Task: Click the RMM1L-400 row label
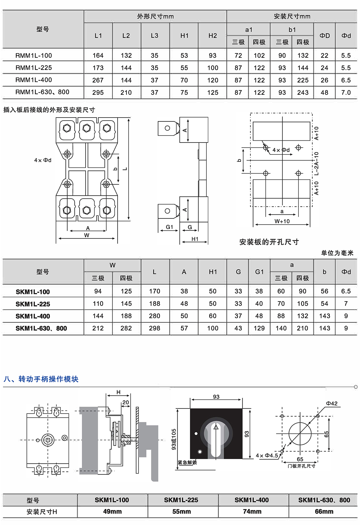(34, 80)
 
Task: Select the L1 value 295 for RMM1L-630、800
(98, 93)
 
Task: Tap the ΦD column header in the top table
(324, 36)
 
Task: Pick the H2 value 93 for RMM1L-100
(212, 55)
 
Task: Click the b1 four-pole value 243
(303, 93)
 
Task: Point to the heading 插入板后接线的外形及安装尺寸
(49, 110)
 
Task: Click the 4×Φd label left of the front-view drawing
(43, 160)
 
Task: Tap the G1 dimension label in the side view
(169, 227)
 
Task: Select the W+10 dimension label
(282, 221)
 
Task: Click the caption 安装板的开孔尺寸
(269, 242)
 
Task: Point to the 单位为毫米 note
(337, 253)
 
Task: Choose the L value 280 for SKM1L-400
(154, 316)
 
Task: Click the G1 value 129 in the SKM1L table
(259, 328)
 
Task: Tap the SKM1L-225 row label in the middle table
(33, 304)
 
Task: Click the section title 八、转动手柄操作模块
(41, 379)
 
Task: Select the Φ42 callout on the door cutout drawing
(332, 403)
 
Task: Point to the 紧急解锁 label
(187, 463)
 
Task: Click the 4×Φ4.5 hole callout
(267, 455)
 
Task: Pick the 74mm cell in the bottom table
(252, 511)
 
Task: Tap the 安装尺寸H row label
(42, 512)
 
